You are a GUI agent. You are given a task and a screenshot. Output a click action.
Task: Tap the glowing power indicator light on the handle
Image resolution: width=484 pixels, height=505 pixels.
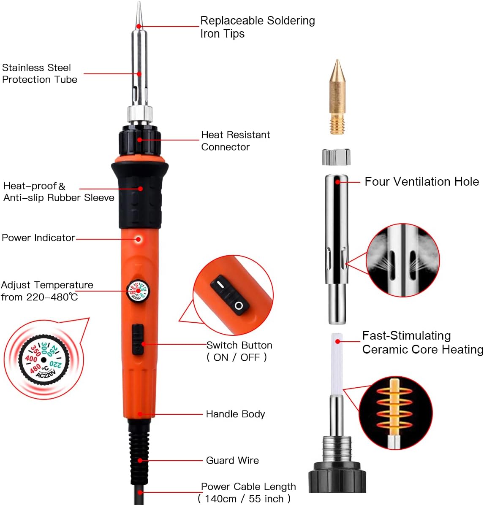coord(139,239)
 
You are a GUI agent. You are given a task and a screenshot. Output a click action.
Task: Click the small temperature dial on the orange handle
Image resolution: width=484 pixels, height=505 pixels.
coord(138,291)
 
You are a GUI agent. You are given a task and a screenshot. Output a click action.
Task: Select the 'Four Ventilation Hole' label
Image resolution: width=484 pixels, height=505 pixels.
coord(421,182)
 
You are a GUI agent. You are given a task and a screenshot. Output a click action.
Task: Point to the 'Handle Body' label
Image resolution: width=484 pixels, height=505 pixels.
coord(235,414)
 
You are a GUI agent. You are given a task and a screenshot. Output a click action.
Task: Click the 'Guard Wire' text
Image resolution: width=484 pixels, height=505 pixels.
coord(232,460)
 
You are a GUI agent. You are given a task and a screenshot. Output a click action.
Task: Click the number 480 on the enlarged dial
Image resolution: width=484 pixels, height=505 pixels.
coord(35,368)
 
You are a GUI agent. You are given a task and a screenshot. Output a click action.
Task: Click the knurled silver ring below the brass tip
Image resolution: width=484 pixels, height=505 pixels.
coord(336,157)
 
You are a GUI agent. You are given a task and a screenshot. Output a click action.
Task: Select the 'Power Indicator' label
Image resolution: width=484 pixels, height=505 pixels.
coord(38,238)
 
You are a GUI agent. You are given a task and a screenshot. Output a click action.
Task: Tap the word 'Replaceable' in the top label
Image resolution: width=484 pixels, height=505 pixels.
coord(232,21)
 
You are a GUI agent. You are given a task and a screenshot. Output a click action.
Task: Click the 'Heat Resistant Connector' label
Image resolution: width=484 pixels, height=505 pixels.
coord(235,141)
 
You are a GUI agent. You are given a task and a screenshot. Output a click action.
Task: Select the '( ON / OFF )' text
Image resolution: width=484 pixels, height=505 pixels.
coord(237,357)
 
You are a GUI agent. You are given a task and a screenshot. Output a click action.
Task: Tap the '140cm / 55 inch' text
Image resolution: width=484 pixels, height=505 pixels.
coord(244,499)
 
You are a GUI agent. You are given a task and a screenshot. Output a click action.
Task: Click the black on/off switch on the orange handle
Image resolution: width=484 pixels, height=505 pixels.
coord(138,340)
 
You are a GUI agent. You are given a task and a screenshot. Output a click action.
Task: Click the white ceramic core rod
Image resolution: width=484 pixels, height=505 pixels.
coord(337,365)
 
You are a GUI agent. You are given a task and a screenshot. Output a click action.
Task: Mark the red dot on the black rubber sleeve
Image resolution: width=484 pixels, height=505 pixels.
coord(140,189)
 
